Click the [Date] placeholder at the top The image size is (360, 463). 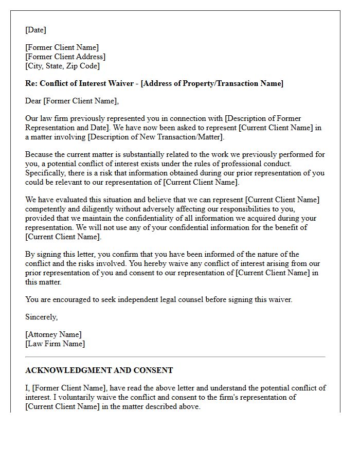coord(35,30)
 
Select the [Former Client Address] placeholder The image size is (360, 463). coord(65,57)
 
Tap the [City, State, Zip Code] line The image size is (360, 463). coord(62,66)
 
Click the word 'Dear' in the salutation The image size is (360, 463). coord(33,101)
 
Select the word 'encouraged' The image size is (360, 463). coord(71,299)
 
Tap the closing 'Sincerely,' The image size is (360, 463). coord(41,317)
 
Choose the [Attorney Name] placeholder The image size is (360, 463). coord(53,334)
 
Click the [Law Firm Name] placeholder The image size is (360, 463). coord(55,344)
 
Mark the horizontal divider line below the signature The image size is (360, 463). coord(175,357)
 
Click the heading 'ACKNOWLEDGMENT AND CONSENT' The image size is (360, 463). coord(99,370)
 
